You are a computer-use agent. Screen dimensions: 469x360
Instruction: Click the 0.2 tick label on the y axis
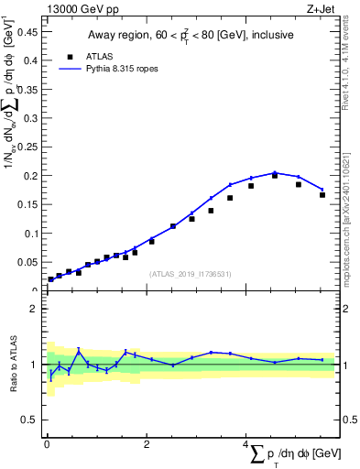pyautogui.click(x=31, y=175)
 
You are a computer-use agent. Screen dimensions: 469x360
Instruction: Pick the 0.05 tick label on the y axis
pyautogui.click(x=27, y=262)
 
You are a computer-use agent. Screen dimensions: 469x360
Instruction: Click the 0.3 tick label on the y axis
pyautogui.click(x=31, y=117)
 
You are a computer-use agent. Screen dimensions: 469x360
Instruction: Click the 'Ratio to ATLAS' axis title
pyautogui.click(x=14, y=365)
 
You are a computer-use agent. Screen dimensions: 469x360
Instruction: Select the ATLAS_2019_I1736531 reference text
pyautogui.click(x=191, y=274)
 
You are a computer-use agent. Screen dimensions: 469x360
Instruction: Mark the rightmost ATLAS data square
pyautogui.click(x=322, y=194)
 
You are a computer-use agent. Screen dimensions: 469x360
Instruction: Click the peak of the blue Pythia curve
pyautogui.click(x=274, y=172)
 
